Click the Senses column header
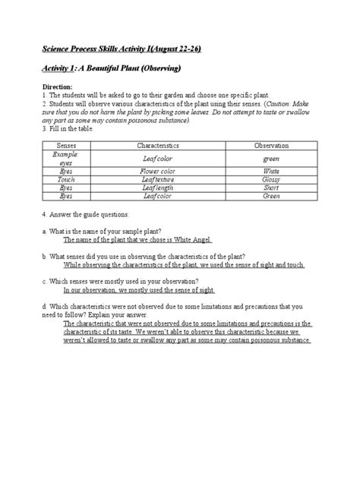click(x=66, y=144)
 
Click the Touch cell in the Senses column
click(x=66, y=179)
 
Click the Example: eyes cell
click(x=66, y=158)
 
